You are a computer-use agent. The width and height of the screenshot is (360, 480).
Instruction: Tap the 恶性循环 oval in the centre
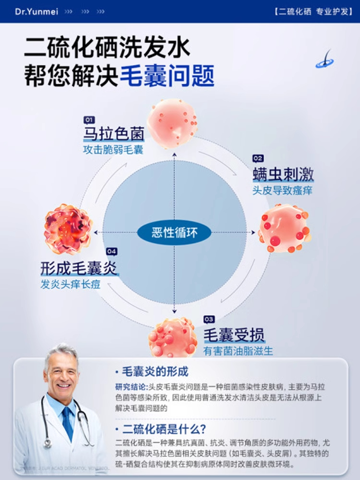174,233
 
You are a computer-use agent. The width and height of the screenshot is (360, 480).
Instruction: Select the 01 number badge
89,120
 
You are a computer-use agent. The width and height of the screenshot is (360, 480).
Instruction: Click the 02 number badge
258,158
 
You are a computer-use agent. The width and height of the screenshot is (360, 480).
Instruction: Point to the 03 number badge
209,319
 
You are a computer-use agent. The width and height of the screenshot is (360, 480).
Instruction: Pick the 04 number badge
111,251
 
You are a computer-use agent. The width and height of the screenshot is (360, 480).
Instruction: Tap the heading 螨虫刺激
283,174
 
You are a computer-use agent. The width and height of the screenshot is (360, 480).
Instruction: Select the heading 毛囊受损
234,335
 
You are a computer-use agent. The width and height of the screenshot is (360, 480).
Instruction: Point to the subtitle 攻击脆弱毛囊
113,150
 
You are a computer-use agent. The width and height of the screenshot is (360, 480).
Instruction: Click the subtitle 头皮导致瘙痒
283,190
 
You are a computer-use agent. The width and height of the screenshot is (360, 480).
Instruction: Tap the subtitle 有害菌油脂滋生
238,351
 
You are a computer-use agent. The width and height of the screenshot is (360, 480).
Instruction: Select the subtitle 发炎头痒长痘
71,284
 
